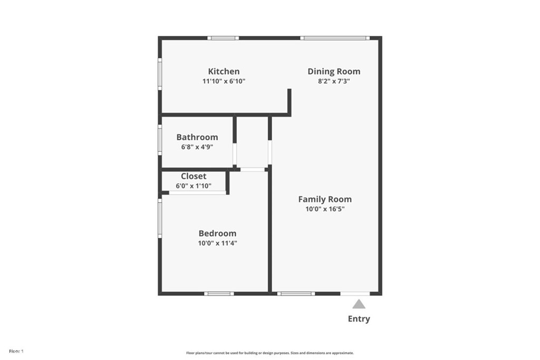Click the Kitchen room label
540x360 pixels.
click(x=224, y=72)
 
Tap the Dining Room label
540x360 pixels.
click(x=334, y=72)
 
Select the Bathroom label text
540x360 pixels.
click(x=197, y=137)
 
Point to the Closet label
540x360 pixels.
click(x=194, y=176)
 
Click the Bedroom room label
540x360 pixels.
click(x=217, y=233)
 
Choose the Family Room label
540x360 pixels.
click(x=325, y=199)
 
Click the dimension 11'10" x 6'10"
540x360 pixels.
click(x=224, y=81)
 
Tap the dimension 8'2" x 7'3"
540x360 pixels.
click(x=334, y=81)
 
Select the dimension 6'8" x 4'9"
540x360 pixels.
click(x=197, y=147)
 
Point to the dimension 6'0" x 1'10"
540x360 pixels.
click(x=194, y=186)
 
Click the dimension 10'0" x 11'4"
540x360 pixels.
click(x=217, y=243)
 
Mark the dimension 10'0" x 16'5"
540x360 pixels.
click(x=325, y=209)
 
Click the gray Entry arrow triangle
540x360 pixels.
click(x=359, y=304)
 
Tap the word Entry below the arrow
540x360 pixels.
click(x=359, y=319)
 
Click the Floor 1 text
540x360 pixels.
click(x=16, y=351)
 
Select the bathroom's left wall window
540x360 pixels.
click(x=160, y=140)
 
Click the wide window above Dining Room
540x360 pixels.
click(x=335, y=38)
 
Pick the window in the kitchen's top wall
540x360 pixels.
click(x=223, y=38)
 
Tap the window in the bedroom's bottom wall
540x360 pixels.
click(x=219, y=294)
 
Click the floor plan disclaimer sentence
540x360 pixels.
click(x=269, y=353)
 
